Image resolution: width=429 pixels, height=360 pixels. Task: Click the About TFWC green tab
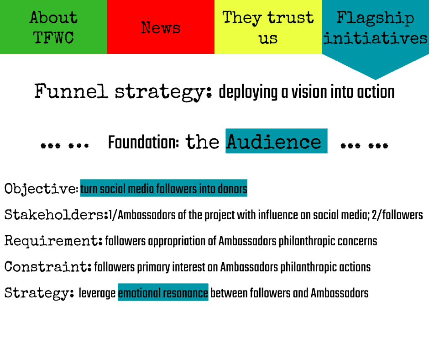pos(53,27)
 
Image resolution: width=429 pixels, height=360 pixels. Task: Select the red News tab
pos(161,27)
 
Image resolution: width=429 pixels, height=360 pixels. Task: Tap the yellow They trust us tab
pos(268,27)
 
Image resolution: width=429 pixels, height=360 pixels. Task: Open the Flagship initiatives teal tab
pos(375,27)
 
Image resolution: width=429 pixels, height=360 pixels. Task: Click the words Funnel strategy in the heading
pos(123,92)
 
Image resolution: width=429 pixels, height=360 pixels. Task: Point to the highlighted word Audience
pos(274,142)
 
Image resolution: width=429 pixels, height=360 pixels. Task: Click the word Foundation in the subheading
pos(143,143)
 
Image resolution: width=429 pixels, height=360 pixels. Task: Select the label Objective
pos(41,189)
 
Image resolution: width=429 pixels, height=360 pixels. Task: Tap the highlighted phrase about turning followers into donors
pos(164,189)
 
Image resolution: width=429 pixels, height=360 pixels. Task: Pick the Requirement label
pos(53,241)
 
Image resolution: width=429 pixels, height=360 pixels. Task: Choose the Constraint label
pos(48,267)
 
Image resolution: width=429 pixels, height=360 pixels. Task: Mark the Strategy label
pos(39,293)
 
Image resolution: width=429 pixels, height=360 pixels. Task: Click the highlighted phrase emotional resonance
pos(163,293)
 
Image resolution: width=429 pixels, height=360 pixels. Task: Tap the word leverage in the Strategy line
pos(97,293)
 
